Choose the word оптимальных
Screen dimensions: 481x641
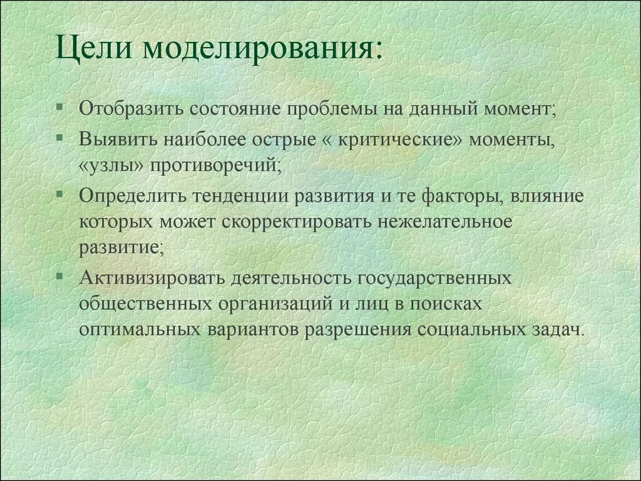(x=138, y=331)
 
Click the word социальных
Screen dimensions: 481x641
(x=468, y=331)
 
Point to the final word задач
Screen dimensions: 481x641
(x=555, y=331)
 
